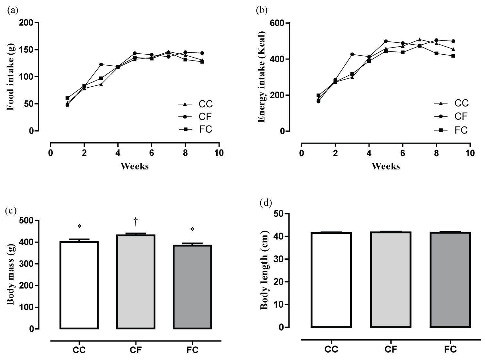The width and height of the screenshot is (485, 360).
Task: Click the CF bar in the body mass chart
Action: (136, 281)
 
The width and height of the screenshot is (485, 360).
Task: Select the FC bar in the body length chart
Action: (450, 280)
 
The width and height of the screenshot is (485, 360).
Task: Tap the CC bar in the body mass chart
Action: (79, 285)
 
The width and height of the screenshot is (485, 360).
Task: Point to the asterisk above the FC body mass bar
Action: (192, 230)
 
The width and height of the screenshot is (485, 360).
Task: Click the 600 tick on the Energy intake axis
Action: (277, 23)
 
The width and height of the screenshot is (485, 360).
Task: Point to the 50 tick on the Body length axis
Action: (279, 214)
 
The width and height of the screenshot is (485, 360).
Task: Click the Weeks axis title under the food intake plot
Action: (135, 166)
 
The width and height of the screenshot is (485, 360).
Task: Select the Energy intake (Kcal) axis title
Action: (261, 77)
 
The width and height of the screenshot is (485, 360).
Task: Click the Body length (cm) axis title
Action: (265, 270)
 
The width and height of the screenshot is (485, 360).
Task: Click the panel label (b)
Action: (262, 11)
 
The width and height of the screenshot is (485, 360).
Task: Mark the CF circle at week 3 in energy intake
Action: (352, 54)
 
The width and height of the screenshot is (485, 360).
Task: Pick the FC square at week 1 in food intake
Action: (67, 98)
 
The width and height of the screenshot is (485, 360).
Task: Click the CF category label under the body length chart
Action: (391, 349)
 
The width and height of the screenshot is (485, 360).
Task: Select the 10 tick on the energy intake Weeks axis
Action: (470, 153)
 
